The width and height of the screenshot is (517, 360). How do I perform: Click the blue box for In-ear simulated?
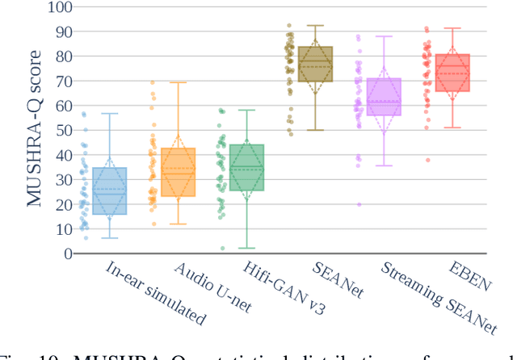coord(109,190)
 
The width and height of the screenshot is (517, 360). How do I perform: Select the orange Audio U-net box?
coord(178,172)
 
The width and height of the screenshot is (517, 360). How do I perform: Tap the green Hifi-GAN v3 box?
coord(246,167)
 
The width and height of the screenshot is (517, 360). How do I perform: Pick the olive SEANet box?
coord(315,64)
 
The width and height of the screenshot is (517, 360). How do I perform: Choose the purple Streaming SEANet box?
coord(384,97)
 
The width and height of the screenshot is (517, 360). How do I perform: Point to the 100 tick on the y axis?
coord(58,8)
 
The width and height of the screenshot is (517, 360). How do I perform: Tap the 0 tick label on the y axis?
coord(66,253)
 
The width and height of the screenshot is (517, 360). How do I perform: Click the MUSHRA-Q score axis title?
coord(36,131)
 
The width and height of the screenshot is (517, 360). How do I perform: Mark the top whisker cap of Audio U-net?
coord(178,82)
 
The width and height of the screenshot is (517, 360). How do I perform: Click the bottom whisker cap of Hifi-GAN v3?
coord(246,248)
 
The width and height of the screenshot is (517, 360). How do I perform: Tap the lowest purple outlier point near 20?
coord(359,204)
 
